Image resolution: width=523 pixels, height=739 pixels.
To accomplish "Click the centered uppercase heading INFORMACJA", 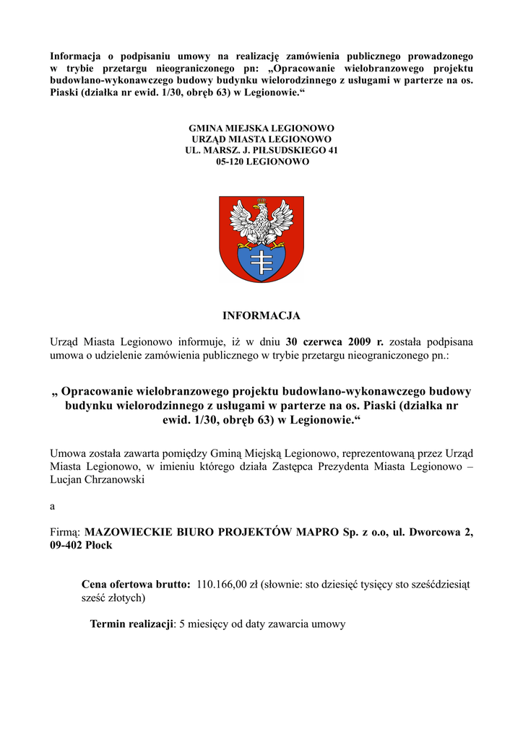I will coord(261,315).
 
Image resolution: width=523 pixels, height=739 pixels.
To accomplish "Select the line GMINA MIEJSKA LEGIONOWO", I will coord(261,128).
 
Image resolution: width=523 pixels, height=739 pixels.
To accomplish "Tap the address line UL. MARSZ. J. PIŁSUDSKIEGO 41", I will coord(261,150).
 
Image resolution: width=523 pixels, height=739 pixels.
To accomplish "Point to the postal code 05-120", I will coord(230,162).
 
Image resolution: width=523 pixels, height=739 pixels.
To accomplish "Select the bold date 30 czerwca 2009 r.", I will coord(335,341).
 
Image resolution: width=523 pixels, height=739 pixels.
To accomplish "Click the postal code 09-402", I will coord(65,546).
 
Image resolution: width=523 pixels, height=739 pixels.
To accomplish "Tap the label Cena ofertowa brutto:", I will coord(136,585).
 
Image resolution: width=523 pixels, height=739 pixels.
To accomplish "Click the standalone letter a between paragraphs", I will coord(52,507).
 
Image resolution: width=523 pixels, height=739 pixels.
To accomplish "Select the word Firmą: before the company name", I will coord(64,533).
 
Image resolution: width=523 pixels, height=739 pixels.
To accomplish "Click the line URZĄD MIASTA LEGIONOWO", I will coord(261,139).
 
